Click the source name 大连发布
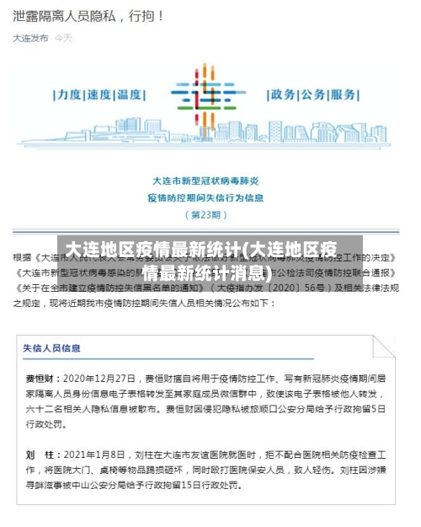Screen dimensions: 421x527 [30, 38]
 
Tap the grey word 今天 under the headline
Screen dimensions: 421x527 [64, 38]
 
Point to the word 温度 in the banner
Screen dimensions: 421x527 [131, 94]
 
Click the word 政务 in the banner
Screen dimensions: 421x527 [284, 94]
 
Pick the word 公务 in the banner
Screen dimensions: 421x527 [315, 94]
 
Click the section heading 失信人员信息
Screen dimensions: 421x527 [52, 347]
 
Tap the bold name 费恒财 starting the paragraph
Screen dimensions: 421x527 [42, 379]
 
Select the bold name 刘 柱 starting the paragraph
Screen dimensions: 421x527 [42, 454]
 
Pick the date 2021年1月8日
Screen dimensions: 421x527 [93, 454]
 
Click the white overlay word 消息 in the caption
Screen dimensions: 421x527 [252, 272]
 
